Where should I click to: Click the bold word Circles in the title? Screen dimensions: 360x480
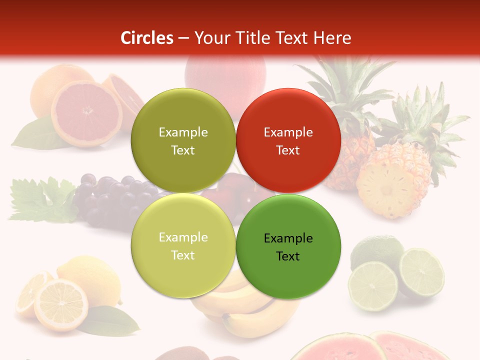click(x=146, y=38)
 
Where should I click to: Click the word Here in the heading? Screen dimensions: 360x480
click(x=332, y=38)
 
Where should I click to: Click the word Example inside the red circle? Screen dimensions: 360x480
click(x=288, y=132)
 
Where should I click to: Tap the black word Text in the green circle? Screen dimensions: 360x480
click(x=288, y=256)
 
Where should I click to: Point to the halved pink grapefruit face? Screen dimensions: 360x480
click(x=86, y=112)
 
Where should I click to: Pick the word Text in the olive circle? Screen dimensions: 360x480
click(x=183, y=150)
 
